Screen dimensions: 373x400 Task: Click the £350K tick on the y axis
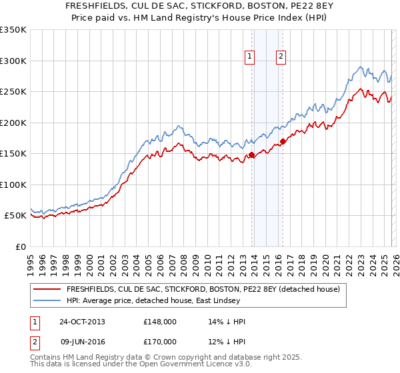13,30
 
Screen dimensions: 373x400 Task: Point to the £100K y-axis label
13,185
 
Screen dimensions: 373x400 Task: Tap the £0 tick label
20,246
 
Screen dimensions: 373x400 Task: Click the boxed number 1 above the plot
250,57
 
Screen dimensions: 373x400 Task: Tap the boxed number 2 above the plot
281,57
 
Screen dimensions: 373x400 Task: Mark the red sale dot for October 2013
252,155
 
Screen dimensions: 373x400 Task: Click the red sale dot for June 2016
283,141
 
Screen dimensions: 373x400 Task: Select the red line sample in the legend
47,289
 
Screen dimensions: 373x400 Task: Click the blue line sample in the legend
47,301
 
